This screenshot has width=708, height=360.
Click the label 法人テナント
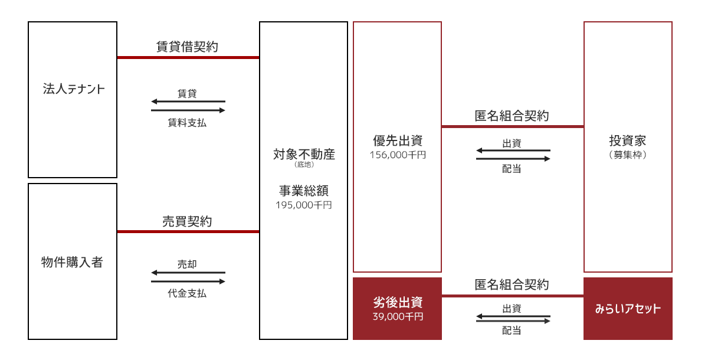coord(74,89)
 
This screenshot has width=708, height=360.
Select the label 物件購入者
coord(73,262)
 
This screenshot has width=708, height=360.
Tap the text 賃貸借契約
coord(187,47)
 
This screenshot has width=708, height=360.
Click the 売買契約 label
coord(187,221)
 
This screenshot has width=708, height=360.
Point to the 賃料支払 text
coord(187,123)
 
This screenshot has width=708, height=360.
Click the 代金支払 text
coord(187,293)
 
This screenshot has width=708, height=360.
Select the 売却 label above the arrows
coord(187,264)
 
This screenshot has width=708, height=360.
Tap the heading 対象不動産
coord(304,154)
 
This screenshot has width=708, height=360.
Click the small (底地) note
coord(304,164)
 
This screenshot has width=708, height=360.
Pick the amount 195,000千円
coord(304,205)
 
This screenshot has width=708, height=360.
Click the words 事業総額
coord(304,191)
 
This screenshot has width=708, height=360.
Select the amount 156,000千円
coord(398,155)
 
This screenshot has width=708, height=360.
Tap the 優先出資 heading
coord(398,140)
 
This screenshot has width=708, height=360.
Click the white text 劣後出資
coord(398,303)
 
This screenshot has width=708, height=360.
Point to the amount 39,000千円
coord(398,316)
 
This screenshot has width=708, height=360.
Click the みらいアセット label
coord(628,309)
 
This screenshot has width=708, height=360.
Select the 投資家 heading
coord(628,140)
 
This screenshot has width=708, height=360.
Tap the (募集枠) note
coord(628,155)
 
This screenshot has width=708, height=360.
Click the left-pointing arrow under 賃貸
coord(188,102)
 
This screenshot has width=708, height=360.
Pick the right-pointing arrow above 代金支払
coord(188,282)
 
